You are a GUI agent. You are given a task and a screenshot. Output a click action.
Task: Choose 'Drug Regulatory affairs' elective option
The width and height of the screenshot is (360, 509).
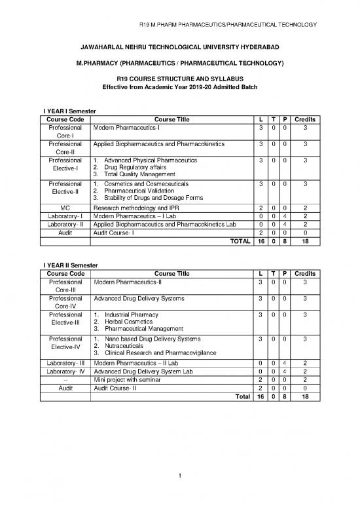click(x=135, y=167)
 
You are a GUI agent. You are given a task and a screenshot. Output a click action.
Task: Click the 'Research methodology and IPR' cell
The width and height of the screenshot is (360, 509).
click(x=136, y=208)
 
